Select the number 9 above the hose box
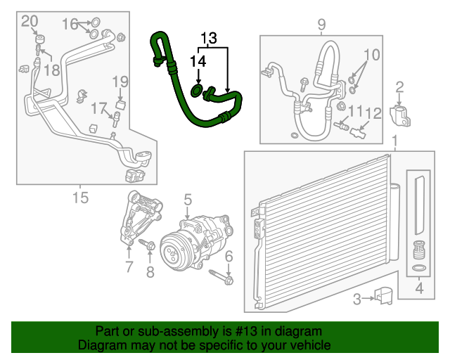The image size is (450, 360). pyautogui.click(x=321, y=25)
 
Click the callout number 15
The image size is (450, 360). pyautogui.click(x=81, y=198)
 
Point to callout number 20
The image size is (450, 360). pyautogui.click(x=29, y=22)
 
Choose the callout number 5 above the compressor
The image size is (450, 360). pyautogui.click(x=188, y=202)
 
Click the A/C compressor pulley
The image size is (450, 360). pyautogui.click(x=172, y=249)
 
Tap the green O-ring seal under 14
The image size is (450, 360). pyautogui.click(x=196, y=90)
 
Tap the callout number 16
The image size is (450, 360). pyautogui.click(x=71, y=24)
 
